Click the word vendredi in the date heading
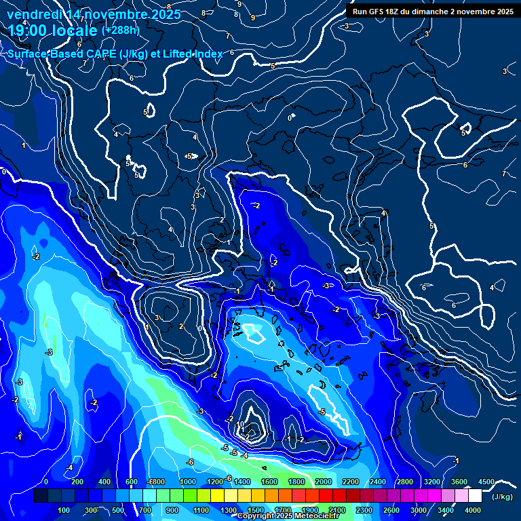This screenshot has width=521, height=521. [34, 14]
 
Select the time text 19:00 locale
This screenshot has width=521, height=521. [53, 31]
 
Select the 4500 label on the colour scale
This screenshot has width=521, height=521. [486, 482]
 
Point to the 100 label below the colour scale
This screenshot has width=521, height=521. [64, 510]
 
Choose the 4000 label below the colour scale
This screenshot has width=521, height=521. [473, 510]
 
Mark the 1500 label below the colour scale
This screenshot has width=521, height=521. [255, 510]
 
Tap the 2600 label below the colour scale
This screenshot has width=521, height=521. [391, 510]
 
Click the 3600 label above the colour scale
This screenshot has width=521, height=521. [459, 482]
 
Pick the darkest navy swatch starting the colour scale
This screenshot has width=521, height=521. [41, 496]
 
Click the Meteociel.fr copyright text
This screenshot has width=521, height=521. [288, 516]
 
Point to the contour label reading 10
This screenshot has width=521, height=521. [240, 424]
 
